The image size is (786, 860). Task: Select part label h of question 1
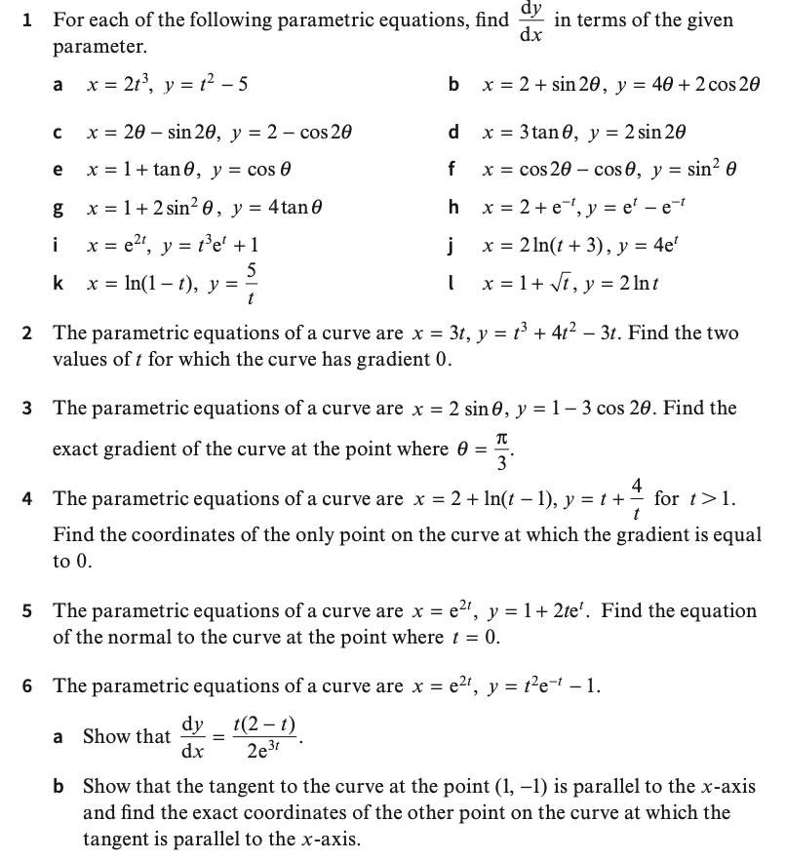(x=452, y=206)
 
